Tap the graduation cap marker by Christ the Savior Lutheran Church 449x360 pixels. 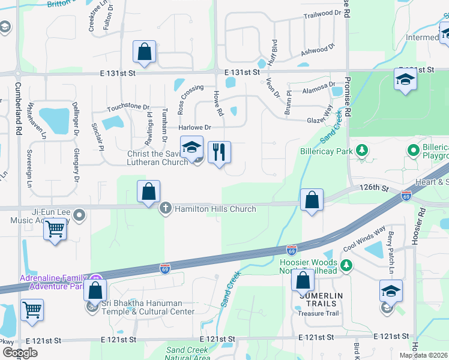tap(191, 147)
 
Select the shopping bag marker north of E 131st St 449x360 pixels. tap(145, 52)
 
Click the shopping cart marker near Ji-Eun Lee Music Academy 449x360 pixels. tap(55, 229)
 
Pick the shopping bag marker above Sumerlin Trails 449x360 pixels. tap(303, 281)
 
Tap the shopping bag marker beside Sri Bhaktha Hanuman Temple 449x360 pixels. tap(95, 291)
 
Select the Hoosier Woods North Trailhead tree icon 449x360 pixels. tap(346, 265)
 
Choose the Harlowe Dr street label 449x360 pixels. tap(195, 127)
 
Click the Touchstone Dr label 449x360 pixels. tap(128, 107)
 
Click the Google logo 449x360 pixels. tap(19, 353)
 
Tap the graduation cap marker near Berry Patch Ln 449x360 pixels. tap(391, 291)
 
